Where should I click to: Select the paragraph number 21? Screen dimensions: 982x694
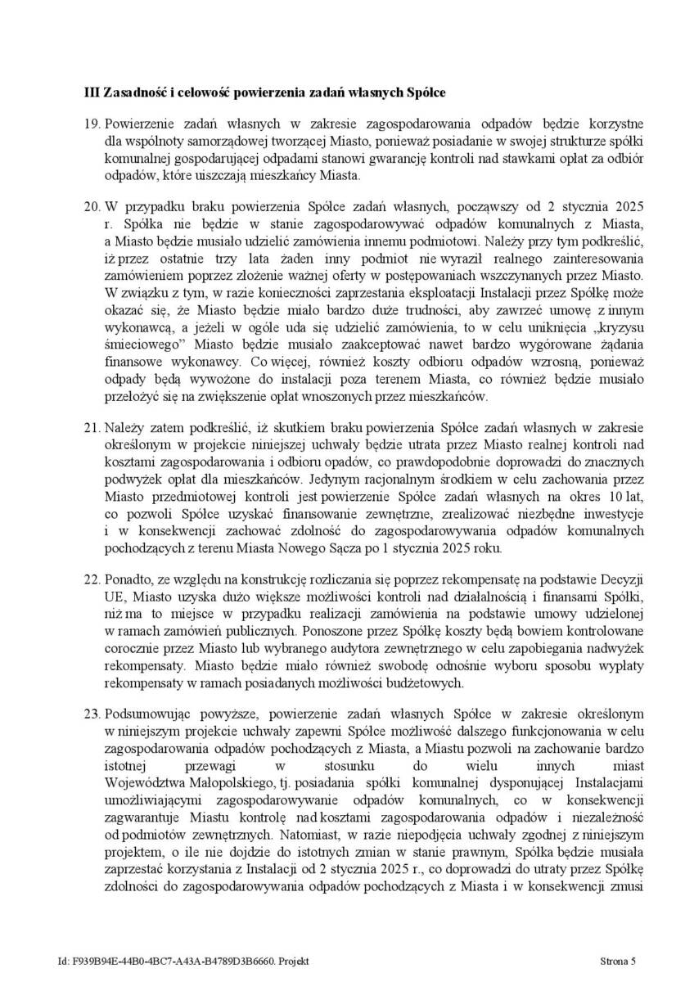coord(92,427)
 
